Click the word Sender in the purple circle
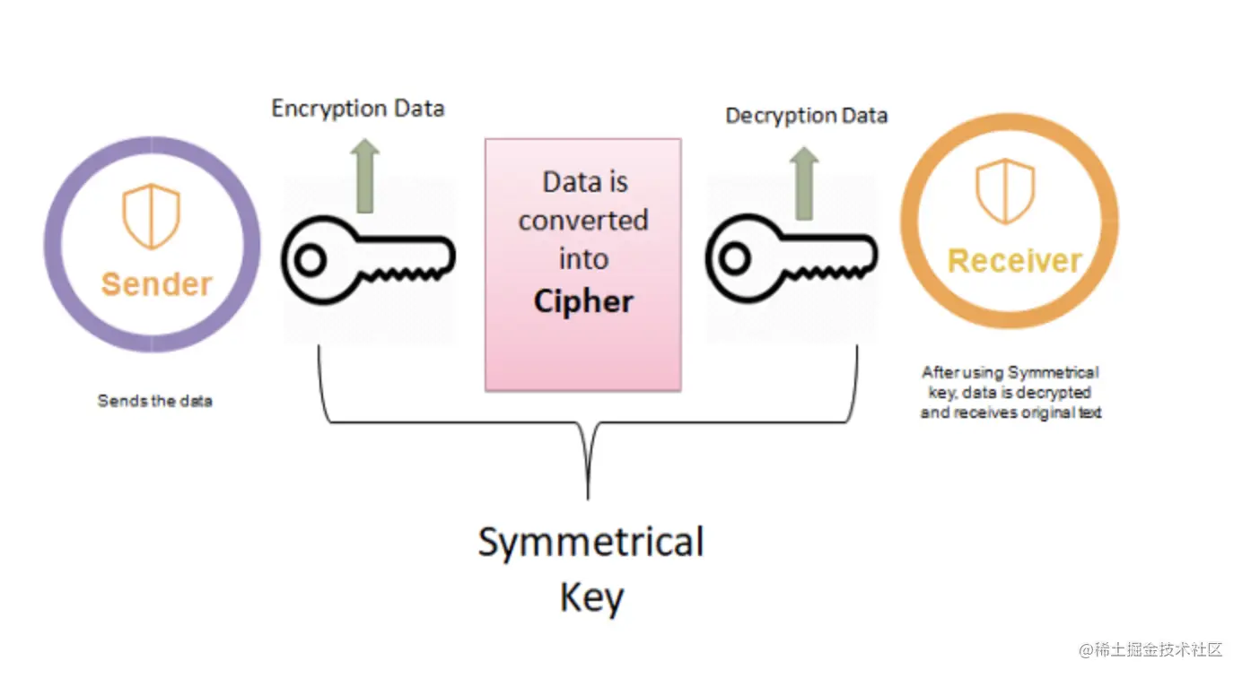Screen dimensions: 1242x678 pos(157,284)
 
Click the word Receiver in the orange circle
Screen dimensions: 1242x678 pos(1015,261)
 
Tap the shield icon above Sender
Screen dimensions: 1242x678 pos(152,216)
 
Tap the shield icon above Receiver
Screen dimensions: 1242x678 pos(1005,191)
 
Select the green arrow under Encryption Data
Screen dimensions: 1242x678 pos(365,176)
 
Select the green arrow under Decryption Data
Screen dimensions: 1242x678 pos(804,183)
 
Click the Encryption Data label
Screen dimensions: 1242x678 pos(358,109)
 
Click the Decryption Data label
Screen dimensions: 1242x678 pos(806,116)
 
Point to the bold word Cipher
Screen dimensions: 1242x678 pos(583,301)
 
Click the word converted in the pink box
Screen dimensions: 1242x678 pos(583,221)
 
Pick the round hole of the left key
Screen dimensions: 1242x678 pos(310,260)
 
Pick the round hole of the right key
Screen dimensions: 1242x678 pos(735,258)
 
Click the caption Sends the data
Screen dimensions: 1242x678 pos(154,401)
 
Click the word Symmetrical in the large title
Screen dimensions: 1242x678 pos(591,541)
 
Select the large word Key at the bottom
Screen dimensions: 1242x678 pos(591,597)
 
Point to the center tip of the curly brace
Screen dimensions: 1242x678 pos(588,498)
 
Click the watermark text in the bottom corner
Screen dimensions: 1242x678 pos(1150,649)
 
